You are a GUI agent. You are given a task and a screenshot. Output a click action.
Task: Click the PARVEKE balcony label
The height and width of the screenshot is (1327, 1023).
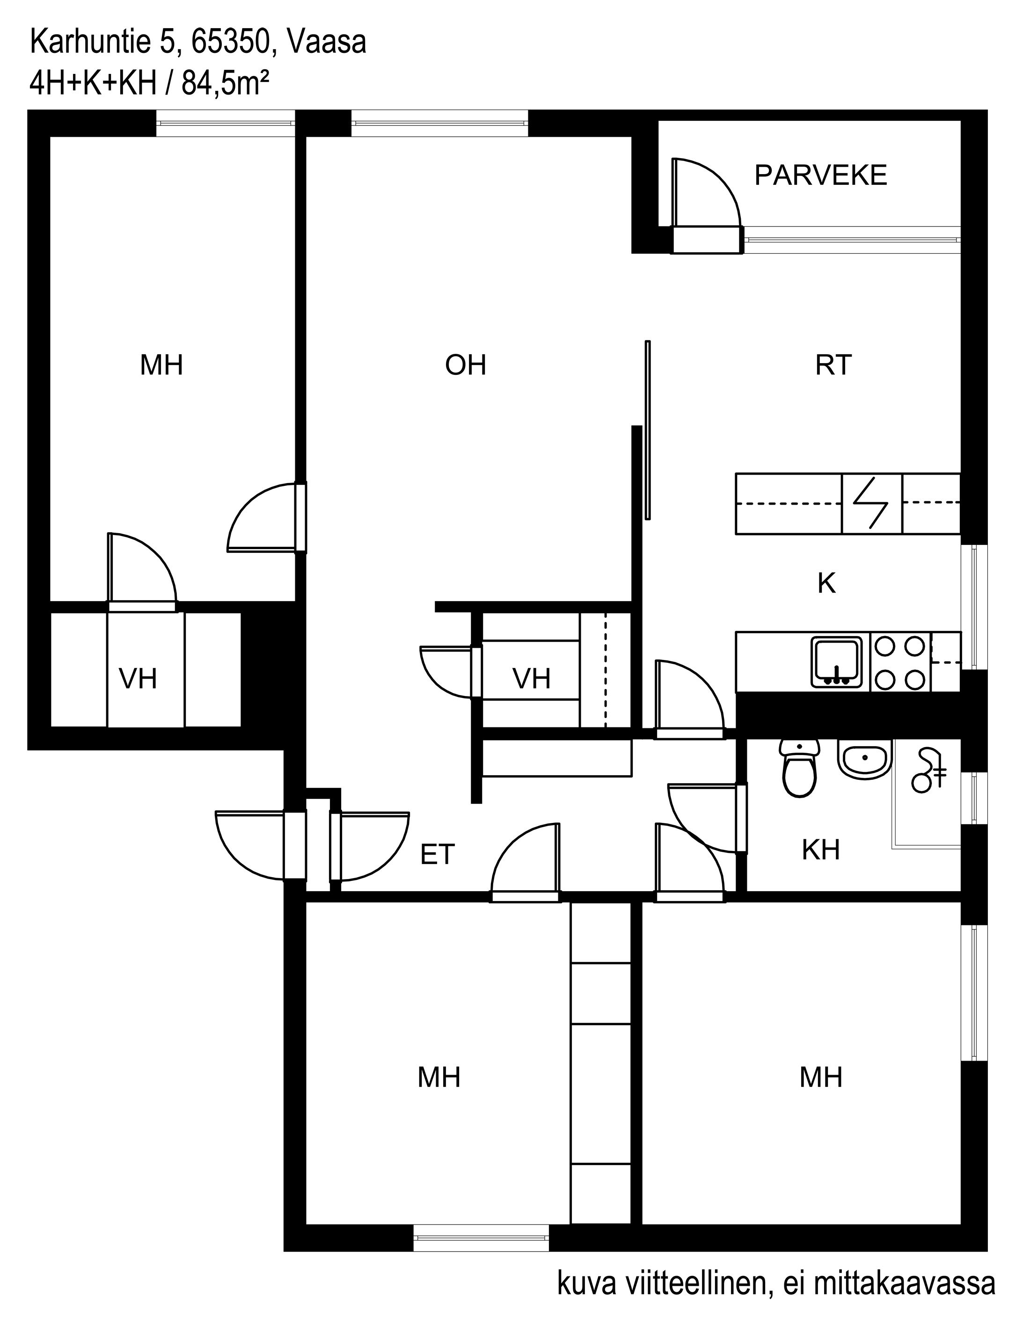[x=821, y=176]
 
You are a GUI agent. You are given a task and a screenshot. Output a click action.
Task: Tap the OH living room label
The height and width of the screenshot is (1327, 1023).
[x=466, y=365]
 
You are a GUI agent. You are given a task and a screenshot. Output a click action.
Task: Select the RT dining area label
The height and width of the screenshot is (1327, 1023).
[x=833, y=365]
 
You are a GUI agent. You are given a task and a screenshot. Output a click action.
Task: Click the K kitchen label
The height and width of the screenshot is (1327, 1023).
[x=827, y=583]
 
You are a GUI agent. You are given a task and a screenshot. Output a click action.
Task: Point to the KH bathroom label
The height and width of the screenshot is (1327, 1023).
[x=821, y=850]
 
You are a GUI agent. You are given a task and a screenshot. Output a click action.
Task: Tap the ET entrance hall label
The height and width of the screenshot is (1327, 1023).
[x=438, y=854]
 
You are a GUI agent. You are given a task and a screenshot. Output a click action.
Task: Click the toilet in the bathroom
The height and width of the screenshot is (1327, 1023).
[x=799, y=768]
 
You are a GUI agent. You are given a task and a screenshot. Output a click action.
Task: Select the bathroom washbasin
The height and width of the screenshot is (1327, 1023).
[x=865, y=758]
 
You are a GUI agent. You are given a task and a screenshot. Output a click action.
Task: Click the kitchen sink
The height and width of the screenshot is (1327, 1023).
[x=836, y=662]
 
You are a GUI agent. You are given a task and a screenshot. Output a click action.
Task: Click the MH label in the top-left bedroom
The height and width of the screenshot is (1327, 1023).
[x=161, y=365]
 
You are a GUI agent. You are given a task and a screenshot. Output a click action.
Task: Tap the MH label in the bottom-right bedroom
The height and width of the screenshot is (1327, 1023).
[x=821, y=1077]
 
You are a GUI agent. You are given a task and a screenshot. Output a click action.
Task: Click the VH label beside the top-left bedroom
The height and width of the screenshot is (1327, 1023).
[x=138, y=678]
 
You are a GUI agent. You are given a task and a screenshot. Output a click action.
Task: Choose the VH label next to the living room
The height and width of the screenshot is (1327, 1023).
[x=532, y=678]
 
